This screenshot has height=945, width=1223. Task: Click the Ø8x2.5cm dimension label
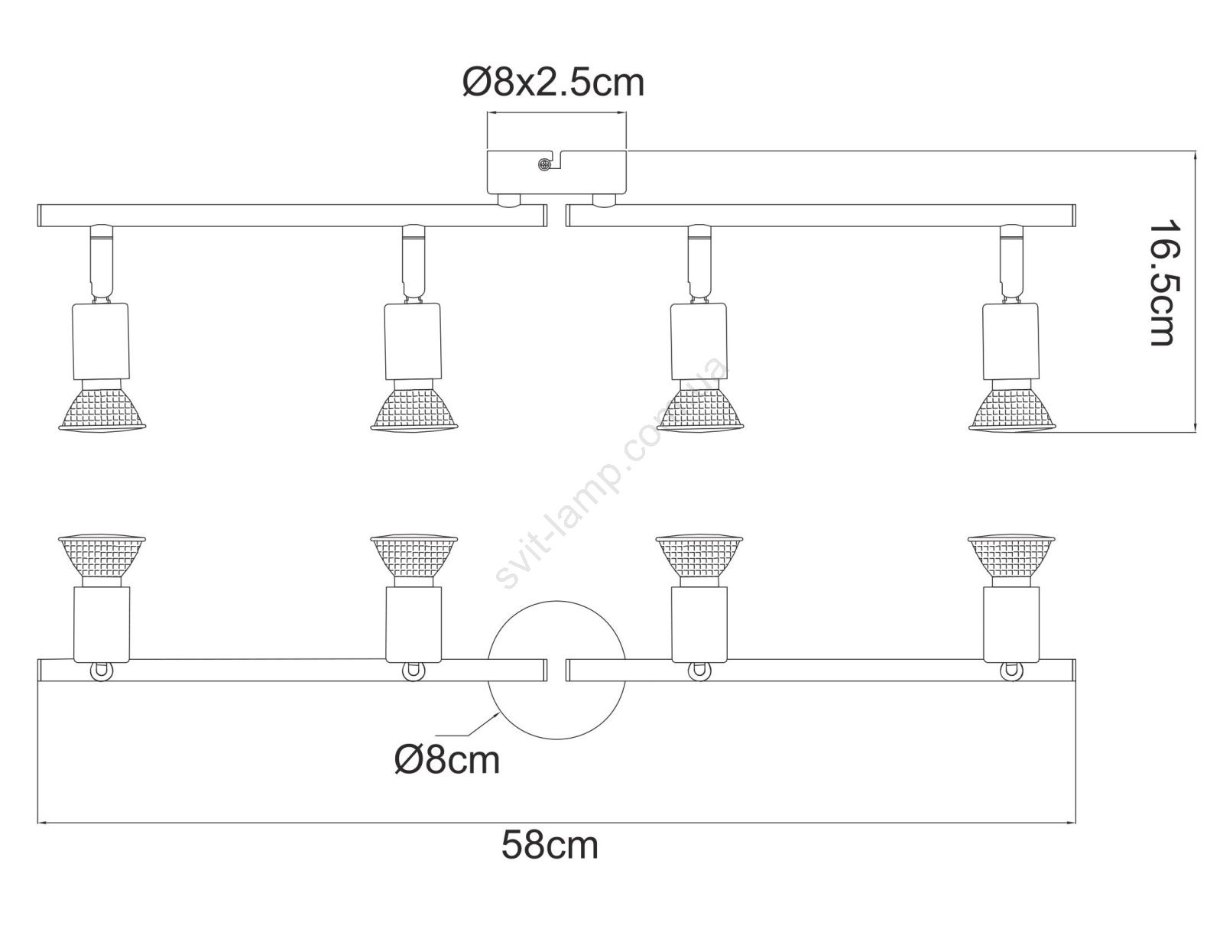553,83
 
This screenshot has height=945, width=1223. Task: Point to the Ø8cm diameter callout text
447,761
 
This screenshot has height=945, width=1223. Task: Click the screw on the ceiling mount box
543,165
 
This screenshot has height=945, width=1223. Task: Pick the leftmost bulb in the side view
102,405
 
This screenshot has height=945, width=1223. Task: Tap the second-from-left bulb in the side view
414,405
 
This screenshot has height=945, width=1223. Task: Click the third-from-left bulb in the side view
700,405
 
